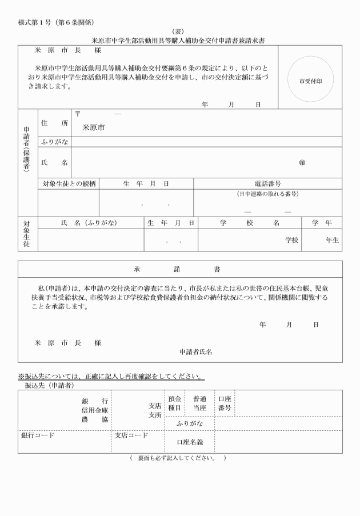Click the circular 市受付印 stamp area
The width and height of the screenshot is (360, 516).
coord(310,81)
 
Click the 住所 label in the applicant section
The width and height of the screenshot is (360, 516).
coord(54,123)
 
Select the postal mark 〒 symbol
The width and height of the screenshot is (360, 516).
coord(77,114)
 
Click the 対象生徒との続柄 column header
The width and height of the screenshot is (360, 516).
coord(69,184)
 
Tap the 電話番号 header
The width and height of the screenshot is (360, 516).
coord(267,184)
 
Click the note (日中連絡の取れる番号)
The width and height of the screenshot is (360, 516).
coord(267,194)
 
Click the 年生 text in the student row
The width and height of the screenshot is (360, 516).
coord(332,241)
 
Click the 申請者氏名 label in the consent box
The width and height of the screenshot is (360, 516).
coord(196,351)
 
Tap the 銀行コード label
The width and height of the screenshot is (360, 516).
coord(38,435)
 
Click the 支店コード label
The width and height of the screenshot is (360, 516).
coord(131,435)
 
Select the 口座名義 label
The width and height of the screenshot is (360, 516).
coord(190,442)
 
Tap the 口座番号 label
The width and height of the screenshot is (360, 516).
coord(225,403)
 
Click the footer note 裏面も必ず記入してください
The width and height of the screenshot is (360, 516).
coord(177,458)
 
